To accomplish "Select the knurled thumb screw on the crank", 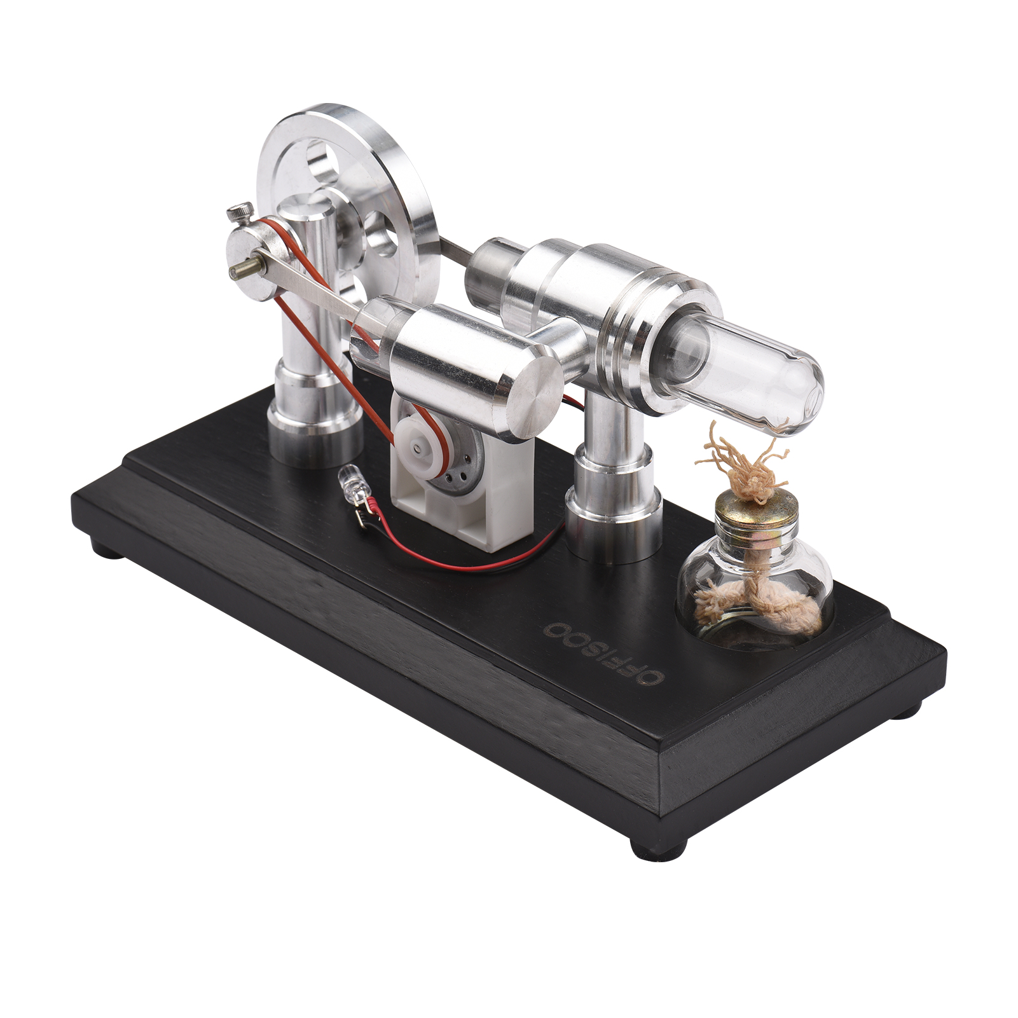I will pos(242,212).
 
